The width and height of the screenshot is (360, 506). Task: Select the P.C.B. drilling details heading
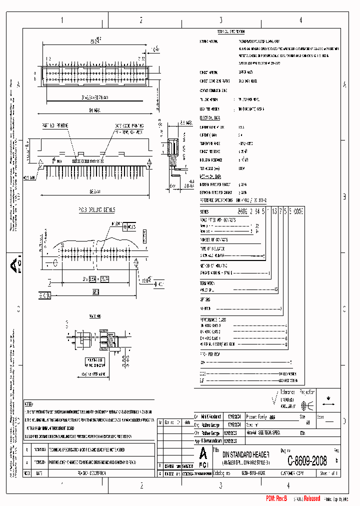coord(96,209)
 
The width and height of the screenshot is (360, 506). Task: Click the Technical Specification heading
coord(220,31)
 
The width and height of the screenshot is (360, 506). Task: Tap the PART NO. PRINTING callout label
coord(55,126)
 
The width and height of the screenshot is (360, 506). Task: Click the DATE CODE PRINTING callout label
coord(129,126)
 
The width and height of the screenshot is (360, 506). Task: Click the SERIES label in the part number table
coord(205,212)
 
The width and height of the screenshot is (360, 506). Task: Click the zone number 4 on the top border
coord(300,20)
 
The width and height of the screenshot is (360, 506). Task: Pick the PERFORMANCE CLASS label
coord(213,318)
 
